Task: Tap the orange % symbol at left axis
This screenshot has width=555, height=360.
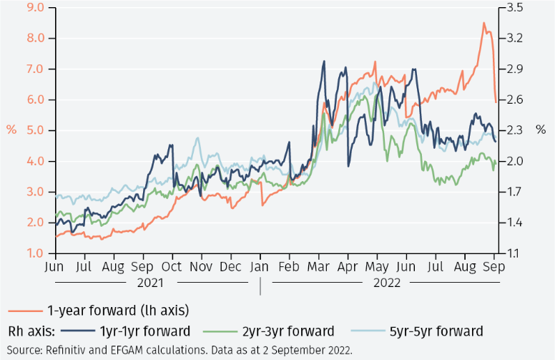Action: (x=11, y=130)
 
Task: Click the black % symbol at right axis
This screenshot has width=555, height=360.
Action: (x=541, y=130)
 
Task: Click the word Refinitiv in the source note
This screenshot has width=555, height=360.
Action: (x=68, y=350)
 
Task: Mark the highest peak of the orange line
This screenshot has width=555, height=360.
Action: (x=484, y=23)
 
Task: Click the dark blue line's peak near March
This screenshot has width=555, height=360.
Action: (x=324, y=61)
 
